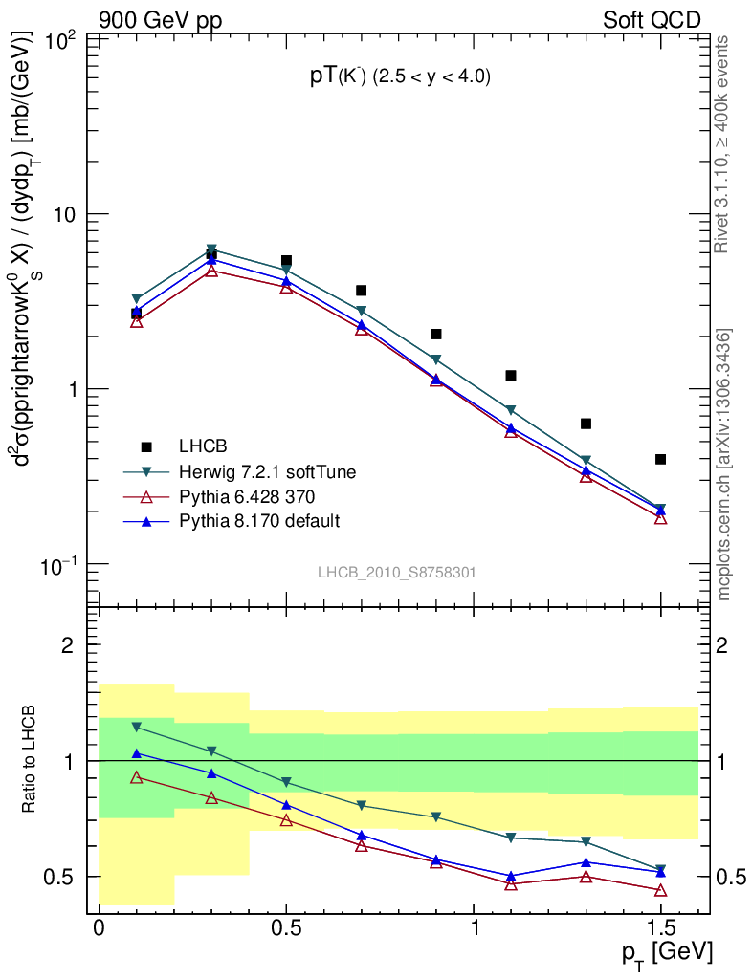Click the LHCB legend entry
tap(201, 446)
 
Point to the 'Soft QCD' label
tap(652, 20)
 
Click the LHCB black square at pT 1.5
tap(660, 459)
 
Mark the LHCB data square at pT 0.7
tap(361, 291)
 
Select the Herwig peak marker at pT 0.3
tap(211, 250)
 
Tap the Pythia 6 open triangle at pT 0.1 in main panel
tap(137, 322)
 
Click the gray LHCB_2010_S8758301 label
tap(397, 573)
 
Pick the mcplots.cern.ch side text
tap(724, 465)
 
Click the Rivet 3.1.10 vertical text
tap(722, 144)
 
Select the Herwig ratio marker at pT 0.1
tap(137, 728)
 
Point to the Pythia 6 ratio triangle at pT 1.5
tap(660, 890)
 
